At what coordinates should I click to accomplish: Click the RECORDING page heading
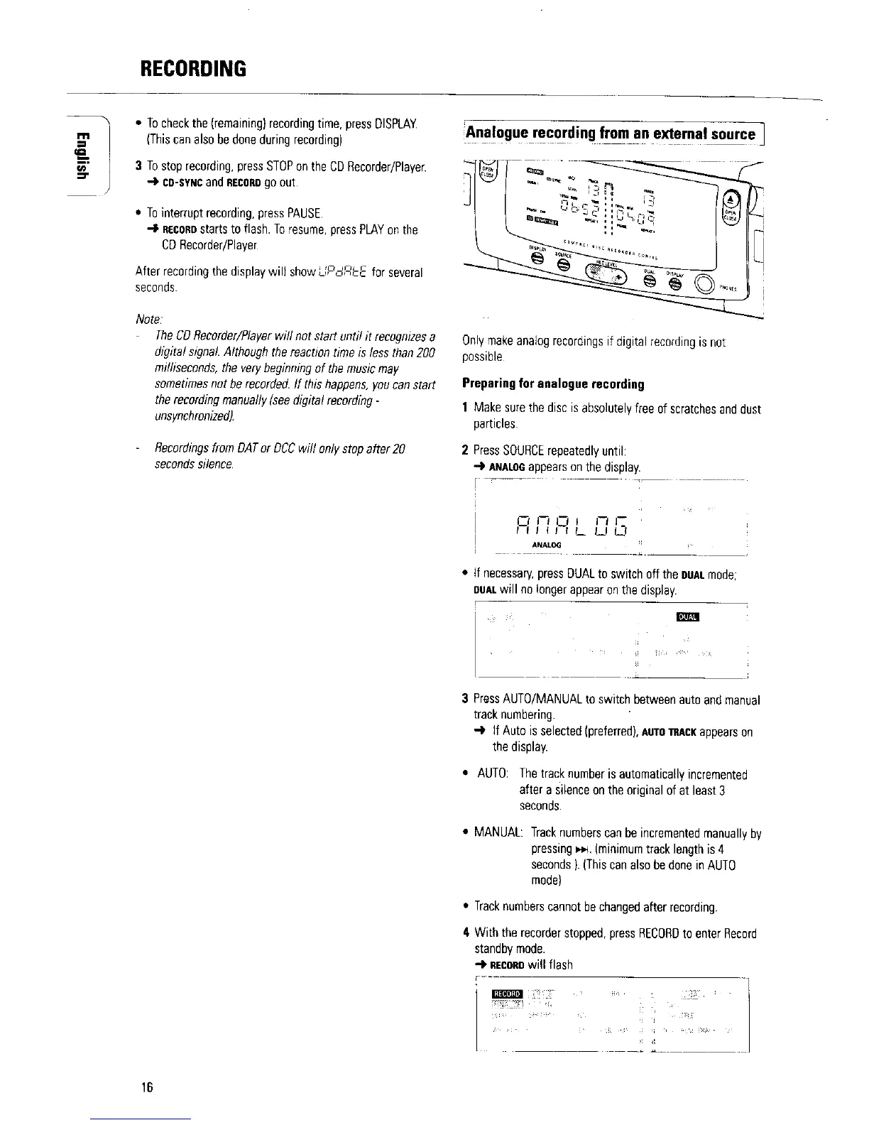pos(192,69)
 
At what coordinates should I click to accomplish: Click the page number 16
pos(147,1087)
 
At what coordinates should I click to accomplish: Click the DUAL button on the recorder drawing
pos(650,281)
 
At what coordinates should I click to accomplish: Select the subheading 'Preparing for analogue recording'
pos(553,384)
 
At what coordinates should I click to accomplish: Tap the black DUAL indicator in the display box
pos(689,616)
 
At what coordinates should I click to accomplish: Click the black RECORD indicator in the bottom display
pos(507,993)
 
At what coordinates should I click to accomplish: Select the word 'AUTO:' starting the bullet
pos(492,774)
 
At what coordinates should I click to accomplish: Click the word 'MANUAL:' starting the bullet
pos(499,833)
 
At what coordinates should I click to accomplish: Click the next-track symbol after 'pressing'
pos(584,849)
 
